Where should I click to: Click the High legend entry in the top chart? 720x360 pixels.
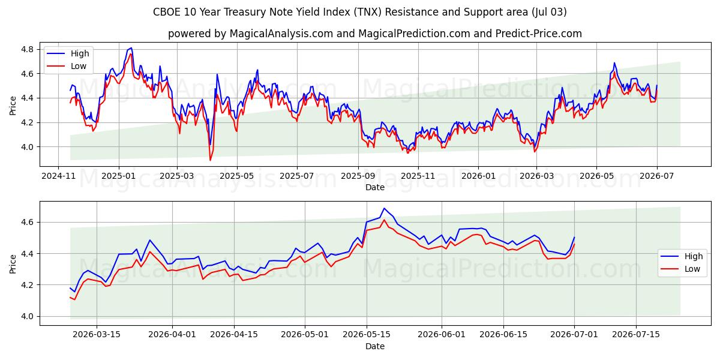point(68,53)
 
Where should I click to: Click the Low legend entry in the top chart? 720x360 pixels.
point(67,66)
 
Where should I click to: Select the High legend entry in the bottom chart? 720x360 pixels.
point(682,256)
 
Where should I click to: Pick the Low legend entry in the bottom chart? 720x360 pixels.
point(680,269)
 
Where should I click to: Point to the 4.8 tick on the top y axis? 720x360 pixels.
point(27,49)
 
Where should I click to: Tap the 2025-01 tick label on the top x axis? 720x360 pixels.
point(119,176)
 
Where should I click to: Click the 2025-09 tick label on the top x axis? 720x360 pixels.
point(358,176)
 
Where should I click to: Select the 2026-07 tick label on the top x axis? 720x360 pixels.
point(656,176)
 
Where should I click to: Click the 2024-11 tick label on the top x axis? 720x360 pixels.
point(59,176)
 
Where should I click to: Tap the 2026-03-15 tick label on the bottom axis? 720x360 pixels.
point(97,335)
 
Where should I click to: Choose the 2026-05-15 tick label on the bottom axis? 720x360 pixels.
point(367,335)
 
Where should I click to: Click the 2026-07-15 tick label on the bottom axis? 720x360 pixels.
point(636,335)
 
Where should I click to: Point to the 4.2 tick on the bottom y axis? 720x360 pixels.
point(27,285)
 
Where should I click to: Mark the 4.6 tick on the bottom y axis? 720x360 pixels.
point(27,223)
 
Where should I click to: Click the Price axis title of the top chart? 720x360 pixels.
point(13,106)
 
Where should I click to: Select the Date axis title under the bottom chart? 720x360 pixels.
point(375,346)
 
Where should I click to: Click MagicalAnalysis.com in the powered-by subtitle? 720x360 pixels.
point(281,34)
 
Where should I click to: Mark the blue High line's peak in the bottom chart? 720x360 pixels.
point(384,208)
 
